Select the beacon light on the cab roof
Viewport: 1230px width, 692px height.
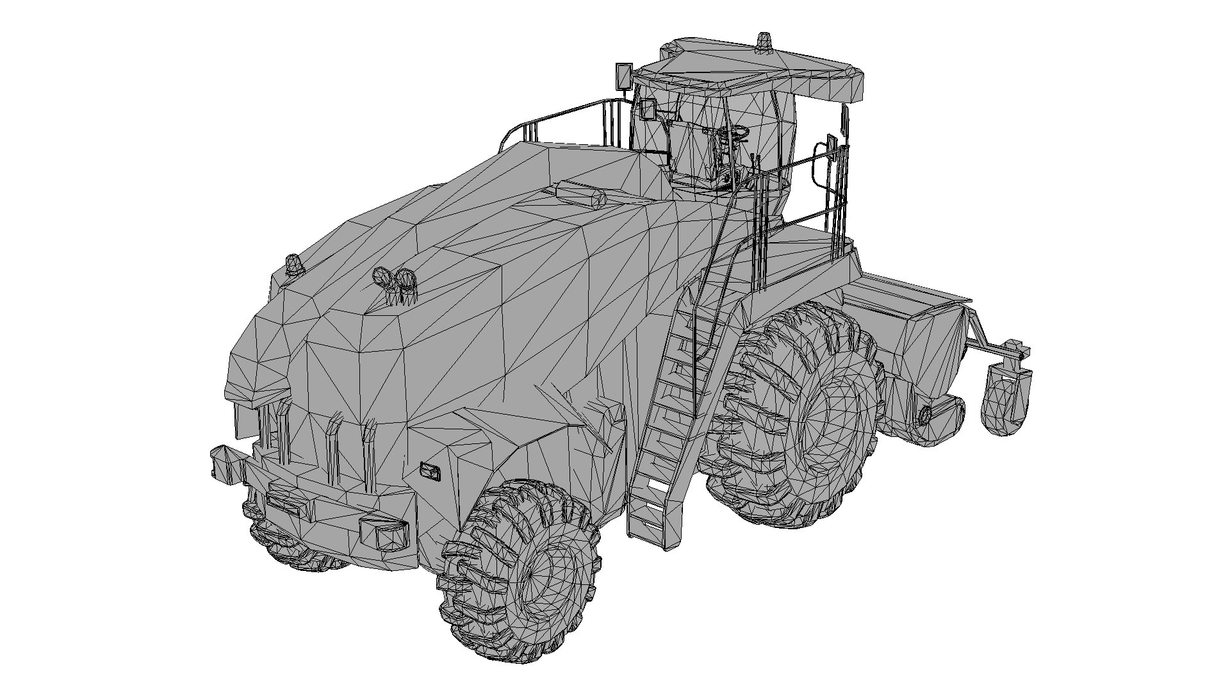point(764,44)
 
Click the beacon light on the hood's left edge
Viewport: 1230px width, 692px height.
point(295,265)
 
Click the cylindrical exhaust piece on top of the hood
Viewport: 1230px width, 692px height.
point(580,192)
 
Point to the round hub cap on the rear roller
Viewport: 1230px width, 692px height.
point(924,415)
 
